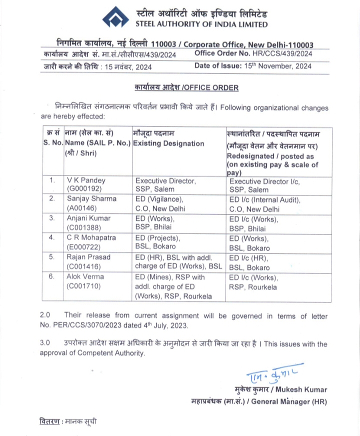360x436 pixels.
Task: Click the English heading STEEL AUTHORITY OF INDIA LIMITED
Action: [x=201, y=24]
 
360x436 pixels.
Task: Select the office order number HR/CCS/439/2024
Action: [x=284, y=53]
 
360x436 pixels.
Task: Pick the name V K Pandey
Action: [x=86, y=180]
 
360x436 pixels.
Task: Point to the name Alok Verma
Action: [x=85, y=276]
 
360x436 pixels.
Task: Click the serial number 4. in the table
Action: [x=52, y=238]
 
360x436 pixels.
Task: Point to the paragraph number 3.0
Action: [x=45, y=344]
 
